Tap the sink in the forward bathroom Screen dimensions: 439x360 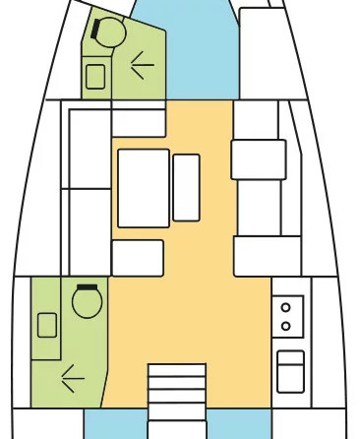click(96, 76)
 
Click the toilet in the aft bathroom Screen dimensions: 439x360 click(87, 301)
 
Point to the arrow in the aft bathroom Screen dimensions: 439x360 click(71, 374)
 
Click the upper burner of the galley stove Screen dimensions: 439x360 click(286, 305)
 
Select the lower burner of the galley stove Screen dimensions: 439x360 click(286, 325)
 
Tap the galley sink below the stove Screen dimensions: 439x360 click(290, 371)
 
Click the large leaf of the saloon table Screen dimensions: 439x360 click(143, 187)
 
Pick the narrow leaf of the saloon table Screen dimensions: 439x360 click(186, 187)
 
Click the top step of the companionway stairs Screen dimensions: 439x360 click(177, 370)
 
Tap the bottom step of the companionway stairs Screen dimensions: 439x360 click(177, 429)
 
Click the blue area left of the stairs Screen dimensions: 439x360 click(125, 423)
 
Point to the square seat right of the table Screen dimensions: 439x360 click(258, 159)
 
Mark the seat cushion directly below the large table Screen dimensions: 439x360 click(138, 258)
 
